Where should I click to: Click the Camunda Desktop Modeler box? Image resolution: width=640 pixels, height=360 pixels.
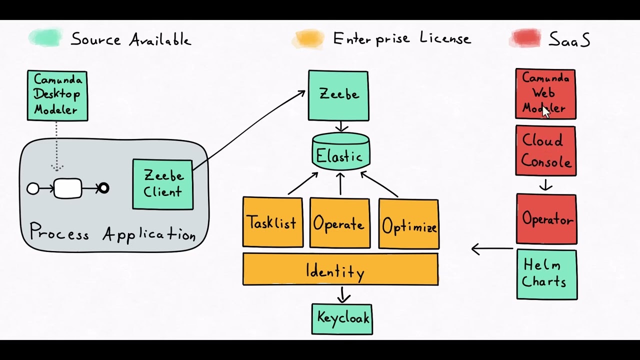pyautogui.click(x=57, y=95)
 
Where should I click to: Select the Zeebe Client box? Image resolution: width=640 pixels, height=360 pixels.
pyautogui.click(x=162, y=184)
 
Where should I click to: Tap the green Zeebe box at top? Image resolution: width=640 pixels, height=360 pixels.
pyautogui.click(x=338, y=95)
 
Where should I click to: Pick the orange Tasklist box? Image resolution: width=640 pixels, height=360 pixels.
pyautogui.click(x=272, y=222)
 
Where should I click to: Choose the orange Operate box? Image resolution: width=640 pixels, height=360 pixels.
pyautogui.click(x=339, y=223)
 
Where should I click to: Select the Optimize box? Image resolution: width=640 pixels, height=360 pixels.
pyautogui.click(x=408, y=223)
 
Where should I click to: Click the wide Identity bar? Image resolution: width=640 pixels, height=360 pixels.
pyautogui.click(x=340, y=269)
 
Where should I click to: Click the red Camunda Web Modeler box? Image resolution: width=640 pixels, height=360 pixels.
pyautogui.click(x=545, y=93)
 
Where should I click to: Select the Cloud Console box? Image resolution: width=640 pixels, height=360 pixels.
pyautogui.click(x=545, y=150)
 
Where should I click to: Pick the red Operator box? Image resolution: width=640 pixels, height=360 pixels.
pyautogui.click(x=546, y=219)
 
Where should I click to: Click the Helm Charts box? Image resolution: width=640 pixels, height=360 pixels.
pyautogui.click(x=546, y=274)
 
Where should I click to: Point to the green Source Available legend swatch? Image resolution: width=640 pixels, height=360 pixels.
pyautogui.click(x=45, y=38)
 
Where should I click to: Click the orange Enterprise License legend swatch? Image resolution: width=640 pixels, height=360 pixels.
pyautogui.click(x=308, y=38)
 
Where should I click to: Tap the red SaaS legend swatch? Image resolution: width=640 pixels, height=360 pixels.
pyautogui.click(x=525, y=38)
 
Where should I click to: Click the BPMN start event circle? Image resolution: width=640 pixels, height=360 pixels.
pyautogui.click(x=33, y=188)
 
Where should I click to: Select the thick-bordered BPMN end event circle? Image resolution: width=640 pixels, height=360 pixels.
pyautogui.click(x=103, y=188)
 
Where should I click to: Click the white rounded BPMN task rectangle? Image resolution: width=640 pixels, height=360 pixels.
pyautogui.click(x=67, y=188)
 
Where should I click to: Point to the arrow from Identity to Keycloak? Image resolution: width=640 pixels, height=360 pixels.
pyautogui.click(x=343, y=294)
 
